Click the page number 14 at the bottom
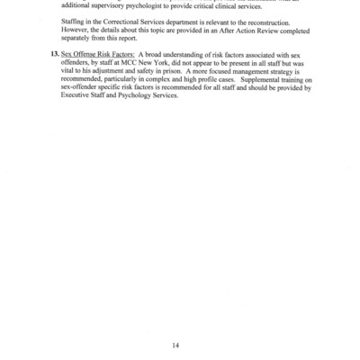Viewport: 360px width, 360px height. tap(180, 318)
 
